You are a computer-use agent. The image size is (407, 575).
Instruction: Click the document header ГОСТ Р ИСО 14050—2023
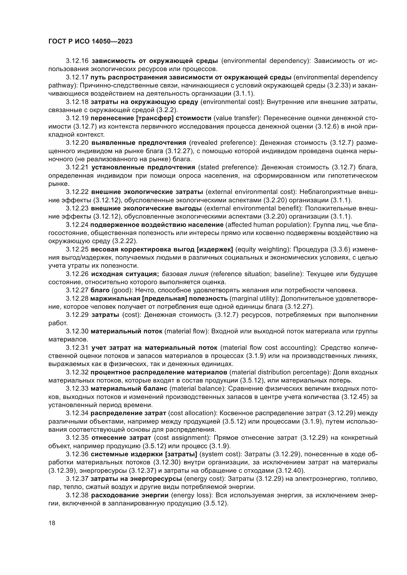pos(91,42)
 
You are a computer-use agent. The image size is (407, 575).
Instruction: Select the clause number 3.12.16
pos(77,61)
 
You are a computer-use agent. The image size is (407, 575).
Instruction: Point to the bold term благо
pos(100,290)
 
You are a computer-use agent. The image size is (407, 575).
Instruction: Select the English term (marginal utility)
pos(254,298)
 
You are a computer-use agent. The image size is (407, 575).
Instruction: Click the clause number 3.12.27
pos(77,290)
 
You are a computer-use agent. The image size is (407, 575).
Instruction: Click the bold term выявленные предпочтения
pos(139,143)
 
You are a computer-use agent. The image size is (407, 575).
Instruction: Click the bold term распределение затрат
pos(128,413)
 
